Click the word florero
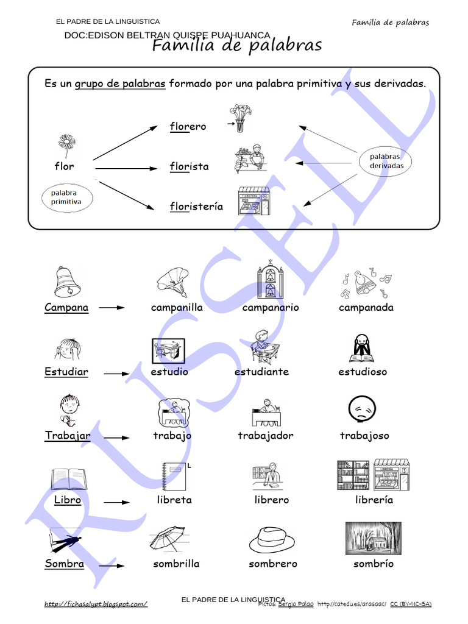pyautogui.click(x=188, y=127)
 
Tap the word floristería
pyautogui.click(x=196, y=207)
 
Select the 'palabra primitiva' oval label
pyautogui.click(x=68, y=197)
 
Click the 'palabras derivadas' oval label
pyautogui.click(x=386, y=161)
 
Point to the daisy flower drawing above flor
pyautogui.click(x=66, y=146)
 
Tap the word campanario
pyautogui.click(x=271, y=308)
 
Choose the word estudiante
pyautogui.click(x=261, y=372)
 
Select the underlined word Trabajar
pyautogui.click(x=68, y=436)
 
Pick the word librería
pyautogui.click(x=374, y=500)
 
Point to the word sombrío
pyautogui.click(x=374, y=564)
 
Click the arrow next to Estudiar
pyautogui.click(x=116, y=373)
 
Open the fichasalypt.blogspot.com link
pyautogui.click(x=96, y=604)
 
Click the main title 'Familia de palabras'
pyautogui.click(x=236, y=46)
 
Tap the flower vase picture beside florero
pyautogui.click(x=239, y=119)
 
